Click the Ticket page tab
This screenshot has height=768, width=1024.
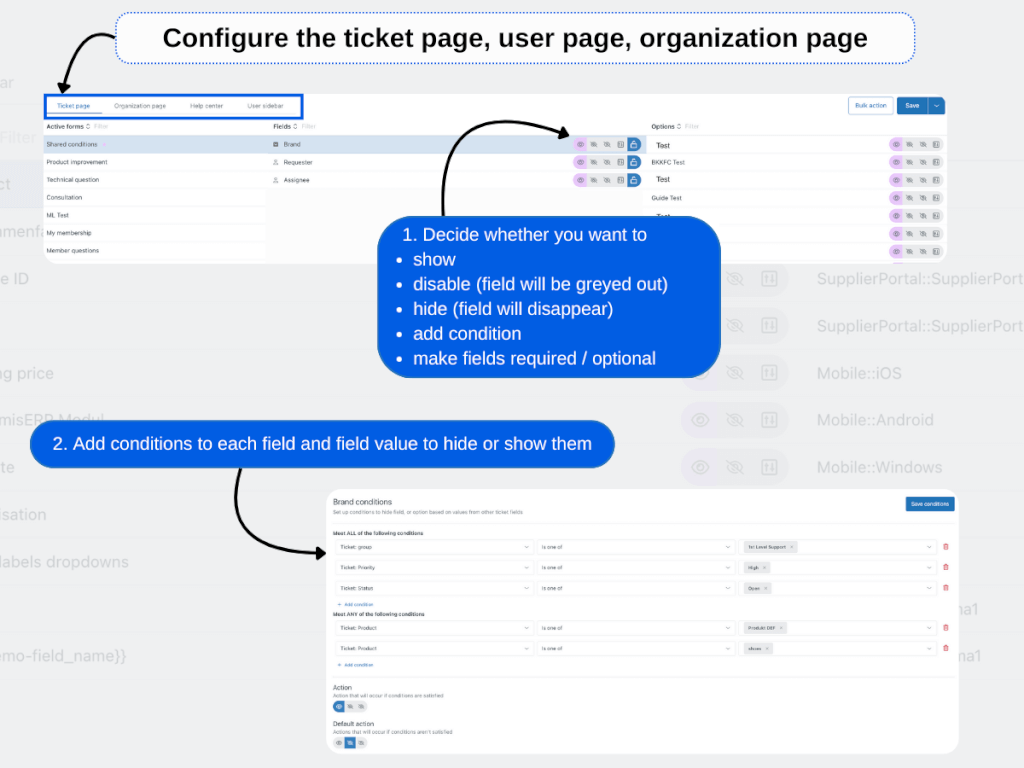pyautogui.click(x=74, y=105)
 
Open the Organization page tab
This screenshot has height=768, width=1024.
pyautogui.click(x=140, y=105)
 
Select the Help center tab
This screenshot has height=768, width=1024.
pyautogui.click(x=207, y=105)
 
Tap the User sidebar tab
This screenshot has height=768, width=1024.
pyautogui.click(x=265, y=105)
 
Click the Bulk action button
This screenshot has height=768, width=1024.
pyautogui.click(x=870, y=105)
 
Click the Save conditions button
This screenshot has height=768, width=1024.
pyautogui.click(x=930, y=504)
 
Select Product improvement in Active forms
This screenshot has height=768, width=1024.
pyautogui.click(x=77, y=162)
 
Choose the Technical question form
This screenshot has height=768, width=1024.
pyautogui.click(x=73, y=180)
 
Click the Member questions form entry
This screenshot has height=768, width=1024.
pyautogui.click(x=73, y=251)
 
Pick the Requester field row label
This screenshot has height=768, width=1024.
pyautogui.click(x=298, y=162)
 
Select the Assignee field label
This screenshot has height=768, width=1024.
pyautogui.click(x=296, y=180)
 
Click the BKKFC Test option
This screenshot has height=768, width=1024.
pyautogui.click(x=668, y=162)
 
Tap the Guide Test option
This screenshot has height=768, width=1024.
pyautogui.click(x=666, y=198)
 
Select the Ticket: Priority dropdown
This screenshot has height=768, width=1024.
pyautogui.click(x=432, y=567)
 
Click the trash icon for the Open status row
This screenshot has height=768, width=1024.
pyautogui.click(x=946, y=588)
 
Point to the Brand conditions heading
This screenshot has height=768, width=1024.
pyautogui.click(x=362, y=502)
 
